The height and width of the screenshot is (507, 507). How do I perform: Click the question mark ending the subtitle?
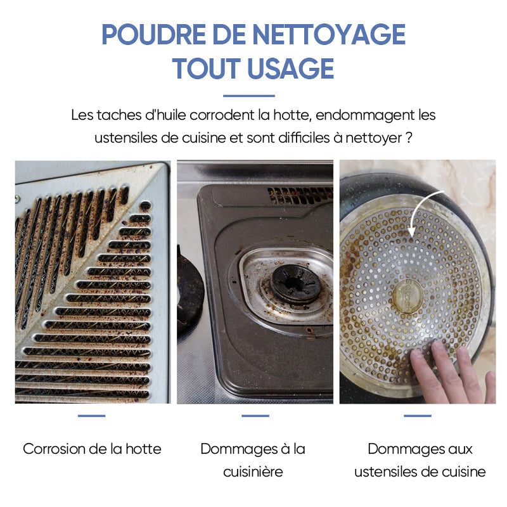click(409, 138)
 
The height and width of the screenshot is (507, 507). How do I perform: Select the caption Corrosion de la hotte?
click(92, 449)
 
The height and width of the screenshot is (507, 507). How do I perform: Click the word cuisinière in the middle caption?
click(253, 472)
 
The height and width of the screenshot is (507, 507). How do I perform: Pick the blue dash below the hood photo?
click(92, 416)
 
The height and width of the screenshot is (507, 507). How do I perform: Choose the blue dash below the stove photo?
click(255, 416)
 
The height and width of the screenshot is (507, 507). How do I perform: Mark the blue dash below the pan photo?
click(418, 416)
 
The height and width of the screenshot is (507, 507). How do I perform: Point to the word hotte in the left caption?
click(143, 449)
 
